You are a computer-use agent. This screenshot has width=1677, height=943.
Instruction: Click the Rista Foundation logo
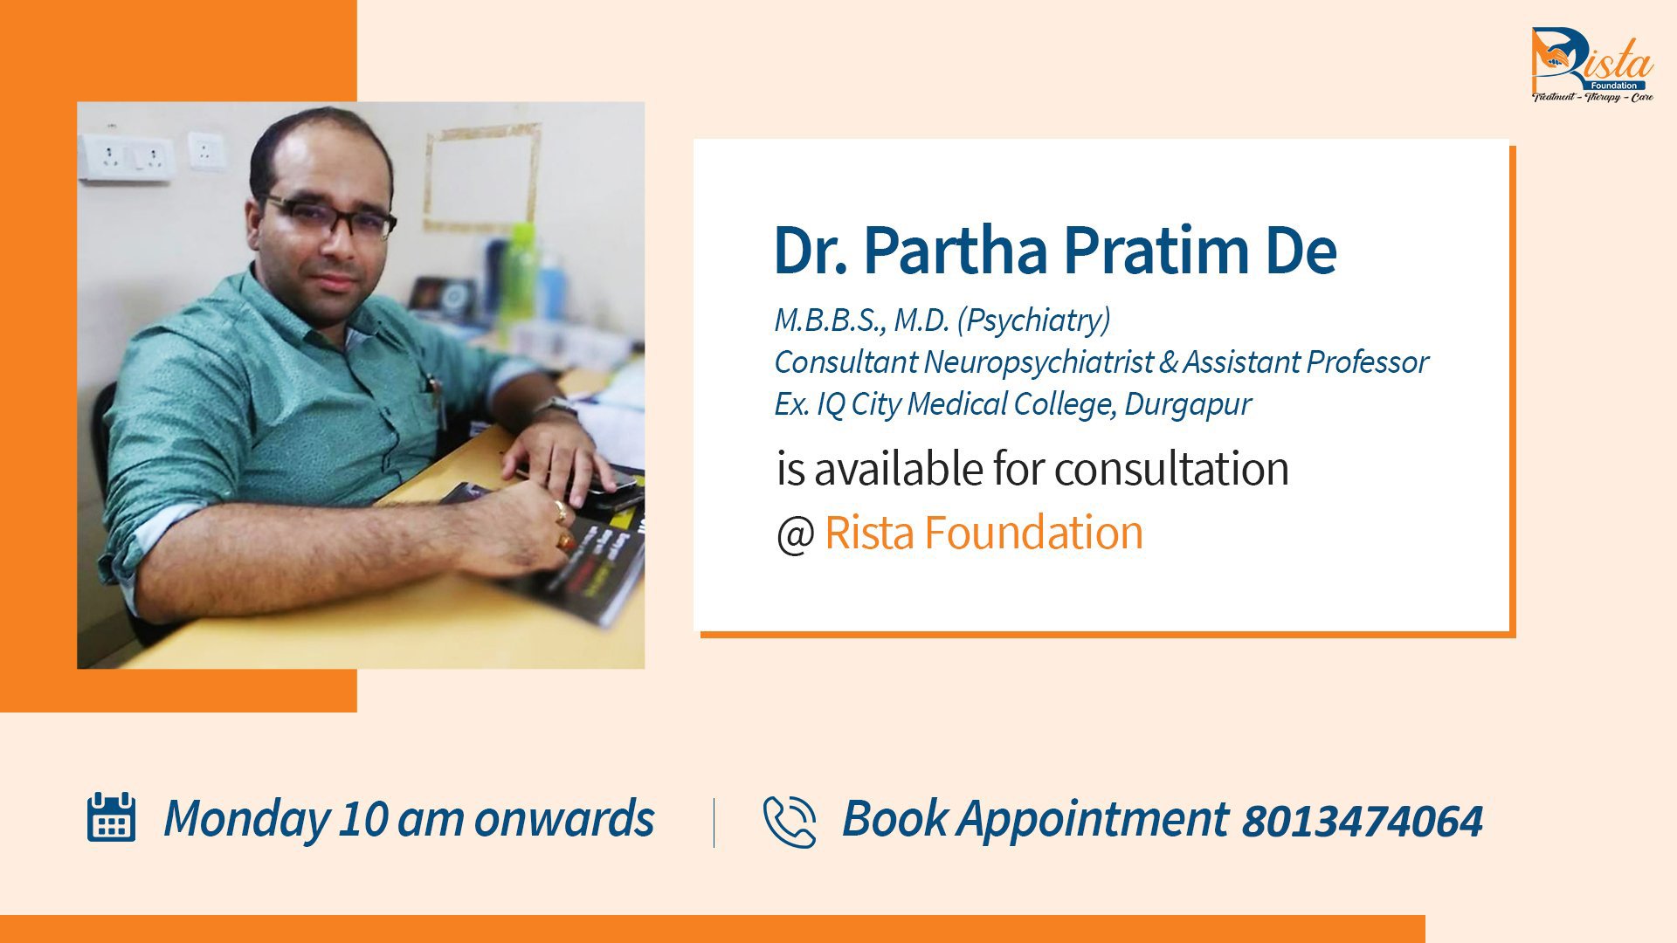click(x=1591, y=65)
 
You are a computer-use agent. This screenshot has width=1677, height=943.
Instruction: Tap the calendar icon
click(x=111, y=817)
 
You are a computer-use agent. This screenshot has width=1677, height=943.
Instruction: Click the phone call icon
click(x=790, y=822)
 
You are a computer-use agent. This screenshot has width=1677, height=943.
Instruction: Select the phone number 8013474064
click(x=1362, y=822)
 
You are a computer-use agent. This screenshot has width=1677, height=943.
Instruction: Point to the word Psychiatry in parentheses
click(x=1034, y=320)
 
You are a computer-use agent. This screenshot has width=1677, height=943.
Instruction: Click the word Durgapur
click(x=1187, y=404)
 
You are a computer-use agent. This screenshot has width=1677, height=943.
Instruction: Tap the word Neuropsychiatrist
click(x=1039, y=362)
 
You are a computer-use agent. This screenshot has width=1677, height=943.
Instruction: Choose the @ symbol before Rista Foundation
click(x=795, y=534)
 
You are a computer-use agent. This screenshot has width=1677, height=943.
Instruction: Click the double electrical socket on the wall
click(x=128, y=158)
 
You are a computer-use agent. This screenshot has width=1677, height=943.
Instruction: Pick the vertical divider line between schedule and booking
click(x=714, y=823)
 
